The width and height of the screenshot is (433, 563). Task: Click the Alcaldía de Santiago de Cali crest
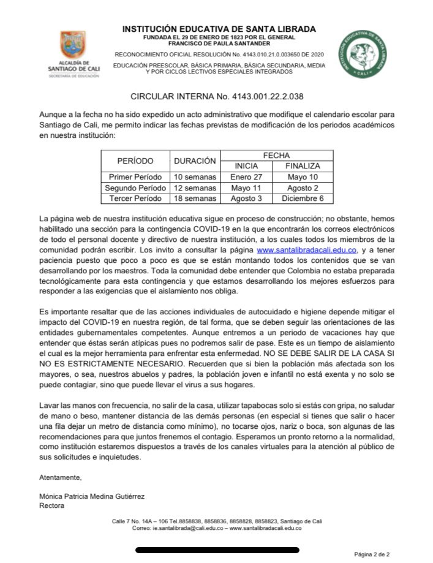coord(73,46)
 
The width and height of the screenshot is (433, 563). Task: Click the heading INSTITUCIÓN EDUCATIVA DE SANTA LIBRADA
coord(219,29)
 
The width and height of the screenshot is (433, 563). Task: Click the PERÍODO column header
coord(135,161)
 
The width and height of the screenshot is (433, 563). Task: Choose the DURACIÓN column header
coord(195,161)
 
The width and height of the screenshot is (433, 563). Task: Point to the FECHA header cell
coord(276,156)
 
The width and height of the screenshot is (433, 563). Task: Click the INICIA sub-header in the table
coord(247,166)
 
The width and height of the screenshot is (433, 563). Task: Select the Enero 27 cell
coord(246,177)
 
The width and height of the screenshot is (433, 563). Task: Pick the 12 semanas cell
coord(195,188)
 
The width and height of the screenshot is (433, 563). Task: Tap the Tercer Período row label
coord(135,198)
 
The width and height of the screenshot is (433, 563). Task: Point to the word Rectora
coord(51,506)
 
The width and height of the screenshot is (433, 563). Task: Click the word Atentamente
coord(60,477)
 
